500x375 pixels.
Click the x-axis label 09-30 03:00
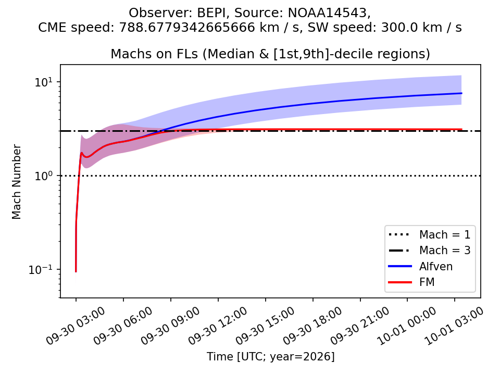tap(75, 326)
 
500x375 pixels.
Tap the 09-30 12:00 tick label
tap(218, 326)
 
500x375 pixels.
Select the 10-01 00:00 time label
tap(407, 326)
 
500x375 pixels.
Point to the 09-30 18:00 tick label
tap(312, 326)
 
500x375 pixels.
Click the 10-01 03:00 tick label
tap(454, 326)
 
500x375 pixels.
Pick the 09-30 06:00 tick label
tap(123, 326)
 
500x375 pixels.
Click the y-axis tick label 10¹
tap(43, 82)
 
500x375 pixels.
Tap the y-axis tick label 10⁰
tap(43, 176)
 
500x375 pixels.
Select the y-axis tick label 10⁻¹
tap(40, 269)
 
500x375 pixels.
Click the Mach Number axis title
tap(16, 182)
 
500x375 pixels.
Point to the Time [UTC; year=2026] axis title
tap(270, 356)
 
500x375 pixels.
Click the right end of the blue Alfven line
tap(461, 93)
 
